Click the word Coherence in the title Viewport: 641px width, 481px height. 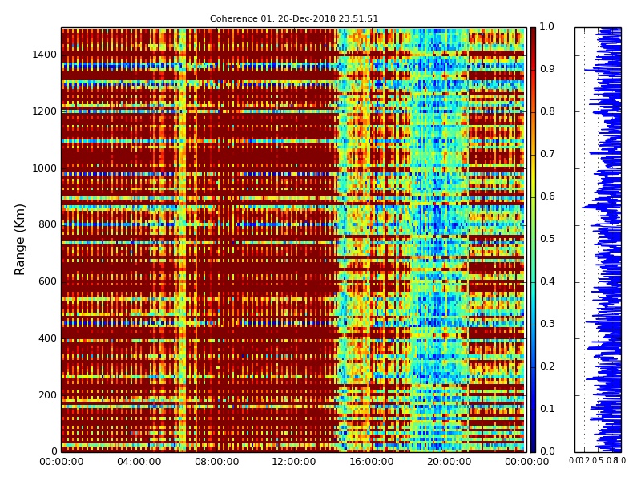231,18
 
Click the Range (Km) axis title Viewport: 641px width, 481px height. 21,239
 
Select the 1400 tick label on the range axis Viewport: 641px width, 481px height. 44,55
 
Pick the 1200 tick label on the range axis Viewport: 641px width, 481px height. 44,111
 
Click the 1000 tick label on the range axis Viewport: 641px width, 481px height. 44,168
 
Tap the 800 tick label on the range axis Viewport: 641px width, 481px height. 46,224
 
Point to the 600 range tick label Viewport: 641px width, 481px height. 46,281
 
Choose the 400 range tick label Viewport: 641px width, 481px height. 46,338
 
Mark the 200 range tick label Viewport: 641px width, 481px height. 46,394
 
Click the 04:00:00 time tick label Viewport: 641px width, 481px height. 139,461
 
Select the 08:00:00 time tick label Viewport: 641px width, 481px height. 216,461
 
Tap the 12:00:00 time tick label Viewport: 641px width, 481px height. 294,461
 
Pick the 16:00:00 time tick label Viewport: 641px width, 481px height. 371,461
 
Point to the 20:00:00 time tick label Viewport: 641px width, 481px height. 449,461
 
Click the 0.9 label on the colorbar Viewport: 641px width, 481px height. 547,70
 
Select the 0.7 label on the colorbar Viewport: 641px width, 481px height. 547,154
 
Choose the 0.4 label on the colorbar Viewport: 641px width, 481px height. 547,281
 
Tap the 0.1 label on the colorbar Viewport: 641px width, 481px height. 547,409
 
